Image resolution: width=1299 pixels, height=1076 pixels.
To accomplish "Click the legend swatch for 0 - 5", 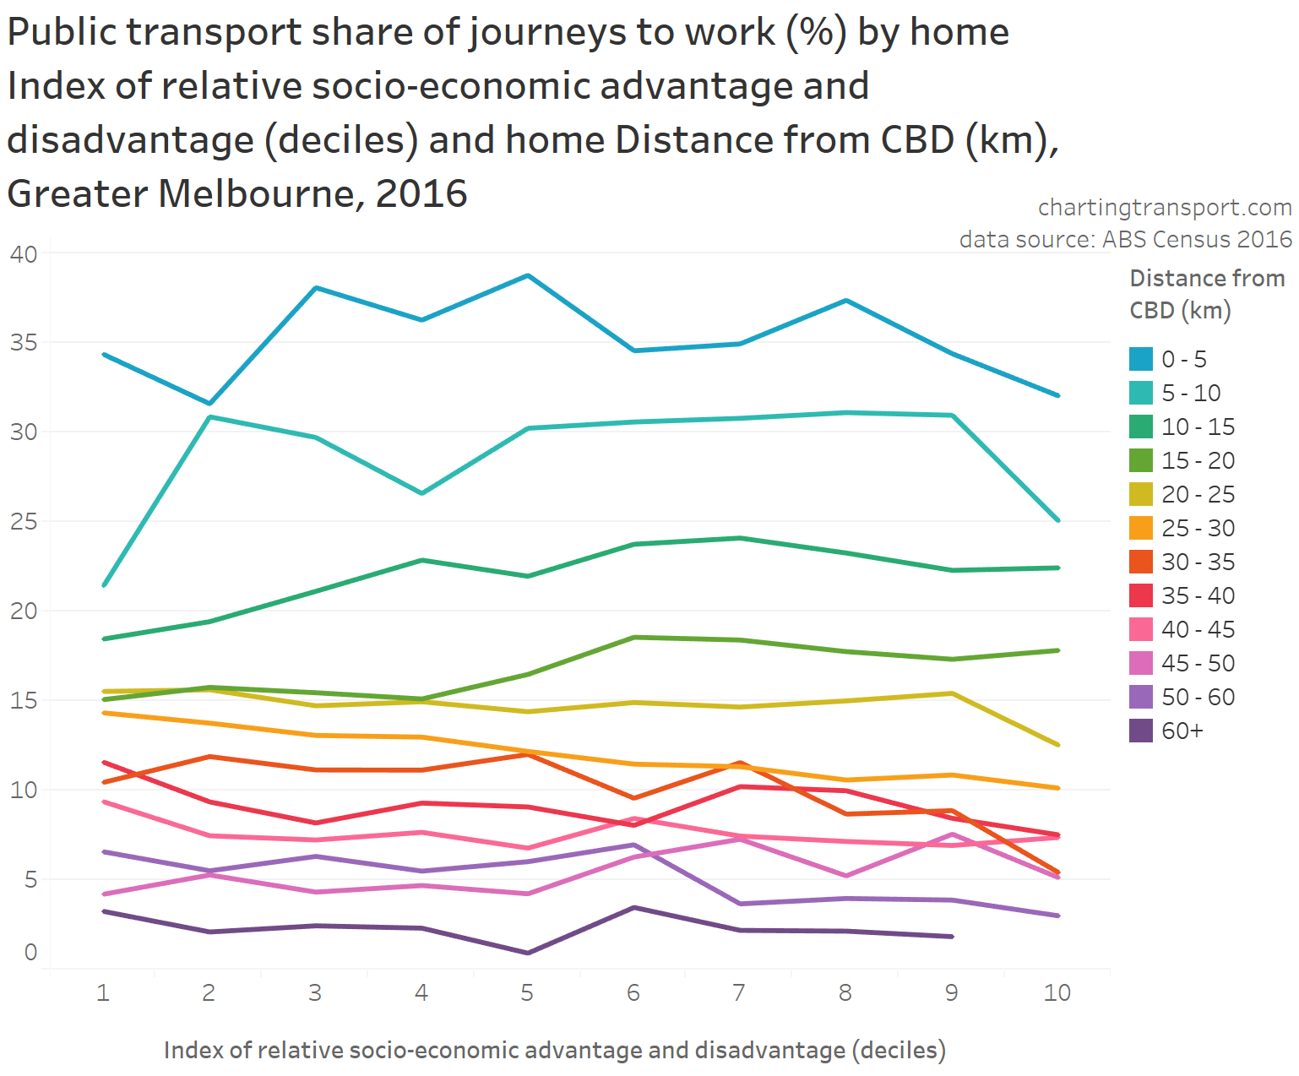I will pyautogui.click(x=1141, y=359).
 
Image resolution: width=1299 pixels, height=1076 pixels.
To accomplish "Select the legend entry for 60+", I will pyautogui.click(x=1182, y=731).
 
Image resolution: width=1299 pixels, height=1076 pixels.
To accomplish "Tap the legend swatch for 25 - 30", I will pyautogui.click(x=1141, y=528).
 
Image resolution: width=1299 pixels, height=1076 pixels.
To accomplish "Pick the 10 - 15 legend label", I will pyautogui.click(x=1198, y=427).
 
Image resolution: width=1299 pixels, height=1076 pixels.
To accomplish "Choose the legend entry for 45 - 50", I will pyautogui.click(x=1198, y=663).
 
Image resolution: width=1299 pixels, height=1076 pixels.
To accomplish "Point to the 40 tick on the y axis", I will pyautogui.click(x=24, y=254).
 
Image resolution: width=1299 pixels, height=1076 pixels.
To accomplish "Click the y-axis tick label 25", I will pyautogui.click(x=24, y=522).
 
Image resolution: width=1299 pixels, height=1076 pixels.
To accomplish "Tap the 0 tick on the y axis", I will pyautogui.click(x=30, y=952).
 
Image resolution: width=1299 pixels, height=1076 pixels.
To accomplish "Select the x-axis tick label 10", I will pyautogui.click(x=1057, y=992).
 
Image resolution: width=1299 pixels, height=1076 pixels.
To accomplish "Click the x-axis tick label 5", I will pyautogui.click(x=527, y=992).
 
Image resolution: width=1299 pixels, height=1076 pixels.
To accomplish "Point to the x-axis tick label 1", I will pyautogui.click(x=103, y=992).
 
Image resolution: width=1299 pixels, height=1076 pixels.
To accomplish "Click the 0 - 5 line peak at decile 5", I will pyautogui.click(x=528, y=275).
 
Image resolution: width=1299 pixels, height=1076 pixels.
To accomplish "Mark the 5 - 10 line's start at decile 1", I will pyautogui.click(x=103, y=585).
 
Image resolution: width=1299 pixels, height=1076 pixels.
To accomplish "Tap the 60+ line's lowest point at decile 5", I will pyautogui.click(x=528, y=953).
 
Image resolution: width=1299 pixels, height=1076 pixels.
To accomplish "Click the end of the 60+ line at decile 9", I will pyautogui.click(x=952, y=936).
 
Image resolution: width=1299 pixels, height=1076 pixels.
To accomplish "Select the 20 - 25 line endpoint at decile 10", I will pyautogui.click(x=1057, y=744).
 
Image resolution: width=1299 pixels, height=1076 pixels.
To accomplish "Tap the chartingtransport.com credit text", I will pyautogui.click(x=1165, y=208).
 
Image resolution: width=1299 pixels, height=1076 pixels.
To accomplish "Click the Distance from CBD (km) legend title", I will pyautogui.click(x=1206, y=294).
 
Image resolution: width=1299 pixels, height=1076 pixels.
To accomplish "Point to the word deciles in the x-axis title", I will pyautogui.click(x=898, y=1050).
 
